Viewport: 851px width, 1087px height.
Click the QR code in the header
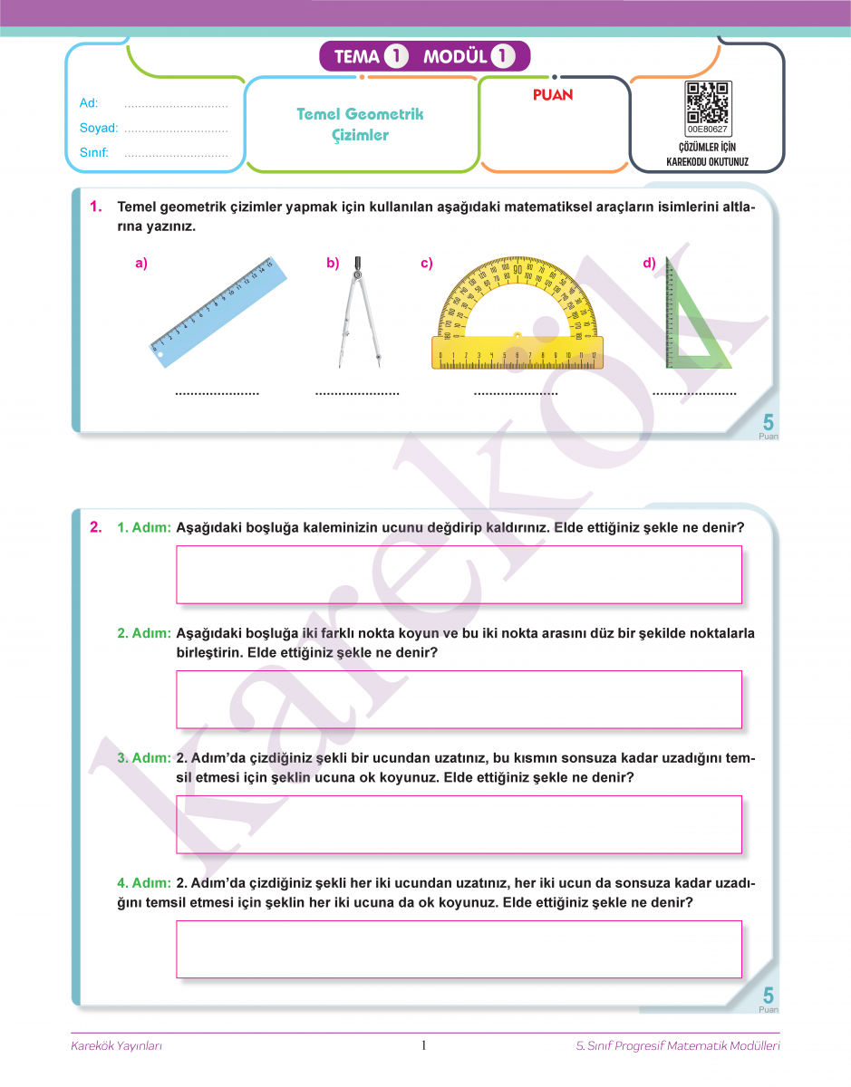(x=708, y=101)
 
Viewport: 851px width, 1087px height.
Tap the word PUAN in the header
(x=553, y=94)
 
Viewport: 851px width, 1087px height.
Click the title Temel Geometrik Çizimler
(x=360, y=124)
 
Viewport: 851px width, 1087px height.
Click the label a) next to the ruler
(x=140, y=264)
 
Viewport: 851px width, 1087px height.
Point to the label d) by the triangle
(x=649, y=264)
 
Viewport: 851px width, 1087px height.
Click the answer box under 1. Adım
(x=459, y=574)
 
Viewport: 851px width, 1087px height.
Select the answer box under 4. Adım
(x=459, y=948)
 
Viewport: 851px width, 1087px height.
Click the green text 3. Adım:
(x=144, y=757)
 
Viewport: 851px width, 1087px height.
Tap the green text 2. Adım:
(x=144, y=633)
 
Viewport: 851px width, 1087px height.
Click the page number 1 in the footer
(x=424, y=1046)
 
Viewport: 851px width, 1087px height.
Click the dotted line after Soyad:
(x=176, y=130)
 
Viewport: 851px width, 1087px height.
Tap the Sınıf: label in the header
(x=94, y=153)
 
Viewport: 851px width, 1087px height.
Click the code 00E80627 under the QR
(x=708, y=130)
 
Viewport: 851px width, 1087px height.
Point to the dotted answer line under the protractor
(x=516, y=394)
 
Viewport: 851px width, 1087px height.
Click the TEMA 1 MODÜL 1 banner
(x=424, y=56)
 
